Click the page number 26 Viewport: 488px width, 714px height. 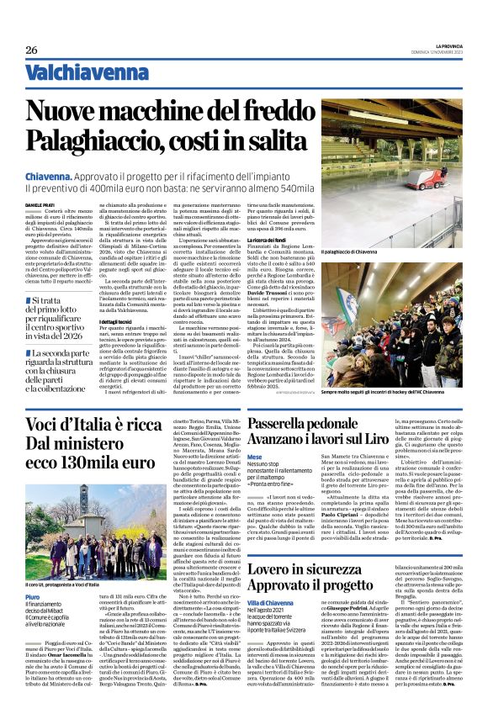click(x=31, y=50)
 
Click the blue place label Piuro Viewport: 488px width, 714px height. click(x=33, y=573)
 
